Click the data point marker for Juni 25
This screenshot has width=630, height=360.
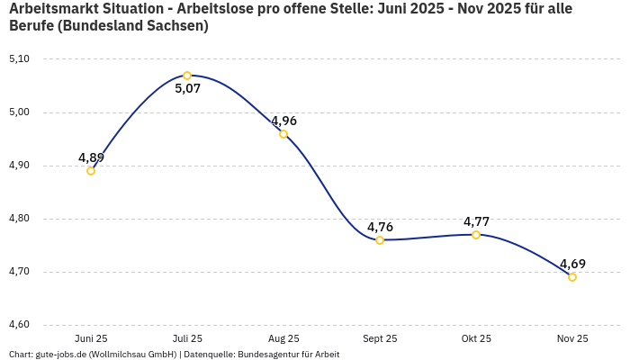pyautogui.click(x=91, y=171)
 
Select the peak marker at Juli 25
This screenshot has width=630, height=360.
pyautogui.click(x=187, y=76)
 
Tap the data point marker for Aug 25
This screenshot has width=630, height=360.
pyautogui.click(x=283, y=134)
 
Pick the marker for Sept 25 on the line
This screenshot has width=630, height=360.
pyautogui.click(x=380, y=240)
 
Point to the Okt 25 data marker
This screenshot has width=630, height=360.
pyautogui.click(x=476, y=235)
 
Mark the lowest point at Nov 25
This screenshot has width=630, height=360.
pyautogui.click(x=572, y=277)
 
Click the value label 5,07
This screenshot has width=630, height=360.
pyautogui.click(x=187, y=89)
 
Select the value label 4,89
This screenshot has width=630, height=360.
pyautogui.click(x=91, y=157)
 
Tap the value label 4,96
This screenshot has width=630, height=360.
pyautogui.click(x=283, y=121)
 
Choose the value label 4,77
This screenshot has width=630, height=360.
pyautogui.click(x=476, y=221)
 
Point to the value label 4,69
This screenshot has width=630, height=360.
pyautogui.click(x=572, y=264)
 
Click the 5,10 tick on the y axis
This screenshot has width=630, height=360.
pyautogui.click(x=19, y=59)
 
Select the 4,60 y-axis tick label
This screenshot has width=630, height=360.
pyautogui.click(x=19, y=325)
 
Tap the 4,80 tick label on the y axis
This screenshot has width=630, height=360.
pyautogui.click(x=19, y=219)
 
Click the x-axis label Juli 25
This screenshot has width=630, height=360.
pyautogui.click(x=187, y=338)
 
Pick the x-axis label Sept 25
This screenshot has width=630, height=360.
pyautogui.click(x=380, y=338)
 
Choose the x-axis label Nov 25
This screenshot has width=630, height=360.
pyautogui.click(x=572, y=338)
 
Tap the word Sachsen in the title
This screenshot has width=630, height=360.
pyautogui.click(x=175, y=26)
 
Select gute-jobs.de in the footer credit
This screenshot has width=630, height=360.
pyautogui.click(x=60, y=355)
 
